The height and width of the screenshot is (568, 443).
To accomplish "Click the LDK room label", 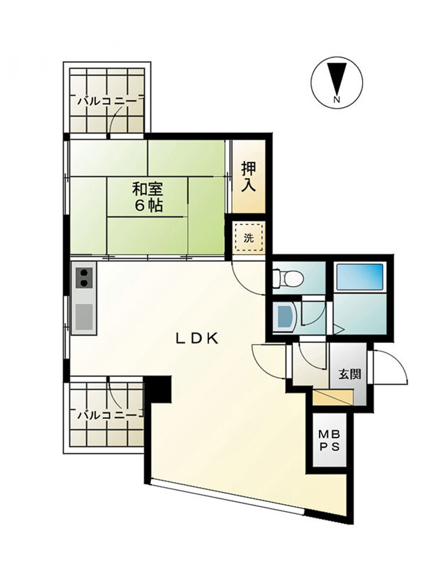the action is [x=197, y=339].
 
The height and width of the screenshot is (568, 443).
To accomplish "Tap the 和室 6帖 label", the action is [x=148, y=197].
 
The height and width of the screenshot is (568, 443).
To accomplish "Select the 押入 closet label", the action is [x=249, y=177].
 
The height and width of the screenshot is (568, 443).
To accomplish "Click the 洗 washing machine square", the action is [x=249, y=239].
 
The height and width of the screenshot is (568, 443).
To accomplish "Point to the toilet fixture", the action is [x=288, y=278].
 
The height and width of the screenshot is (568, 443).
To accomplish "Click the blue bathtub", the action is [x=360, y=277].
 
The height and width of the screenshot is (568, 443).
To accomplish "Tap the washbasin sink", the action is [x=284, y=317].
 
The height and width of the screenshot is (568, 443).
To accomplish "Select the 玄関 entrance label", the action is [x=349, y=374].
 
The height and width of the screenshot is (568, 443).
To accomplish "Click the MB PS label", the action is [x=329, y=440].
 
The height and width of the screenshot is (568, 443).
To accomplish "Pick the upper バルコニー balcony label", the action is [x=108, y=101].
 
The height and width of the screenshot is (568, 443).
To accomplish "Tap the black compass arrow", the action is [x=337, y=78].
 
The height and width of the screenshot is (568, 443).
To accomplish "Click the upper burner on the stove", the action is [x=84, y=273].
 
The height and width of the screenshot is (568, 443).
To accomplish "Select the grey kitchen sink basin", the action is [x=84, y=316].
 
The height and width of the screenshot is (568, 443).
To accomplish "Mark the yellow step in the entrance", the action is [x=332, y=398].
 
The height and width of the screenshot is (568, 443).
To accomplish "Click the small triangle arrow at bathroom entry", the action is [x=339, y=329].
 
